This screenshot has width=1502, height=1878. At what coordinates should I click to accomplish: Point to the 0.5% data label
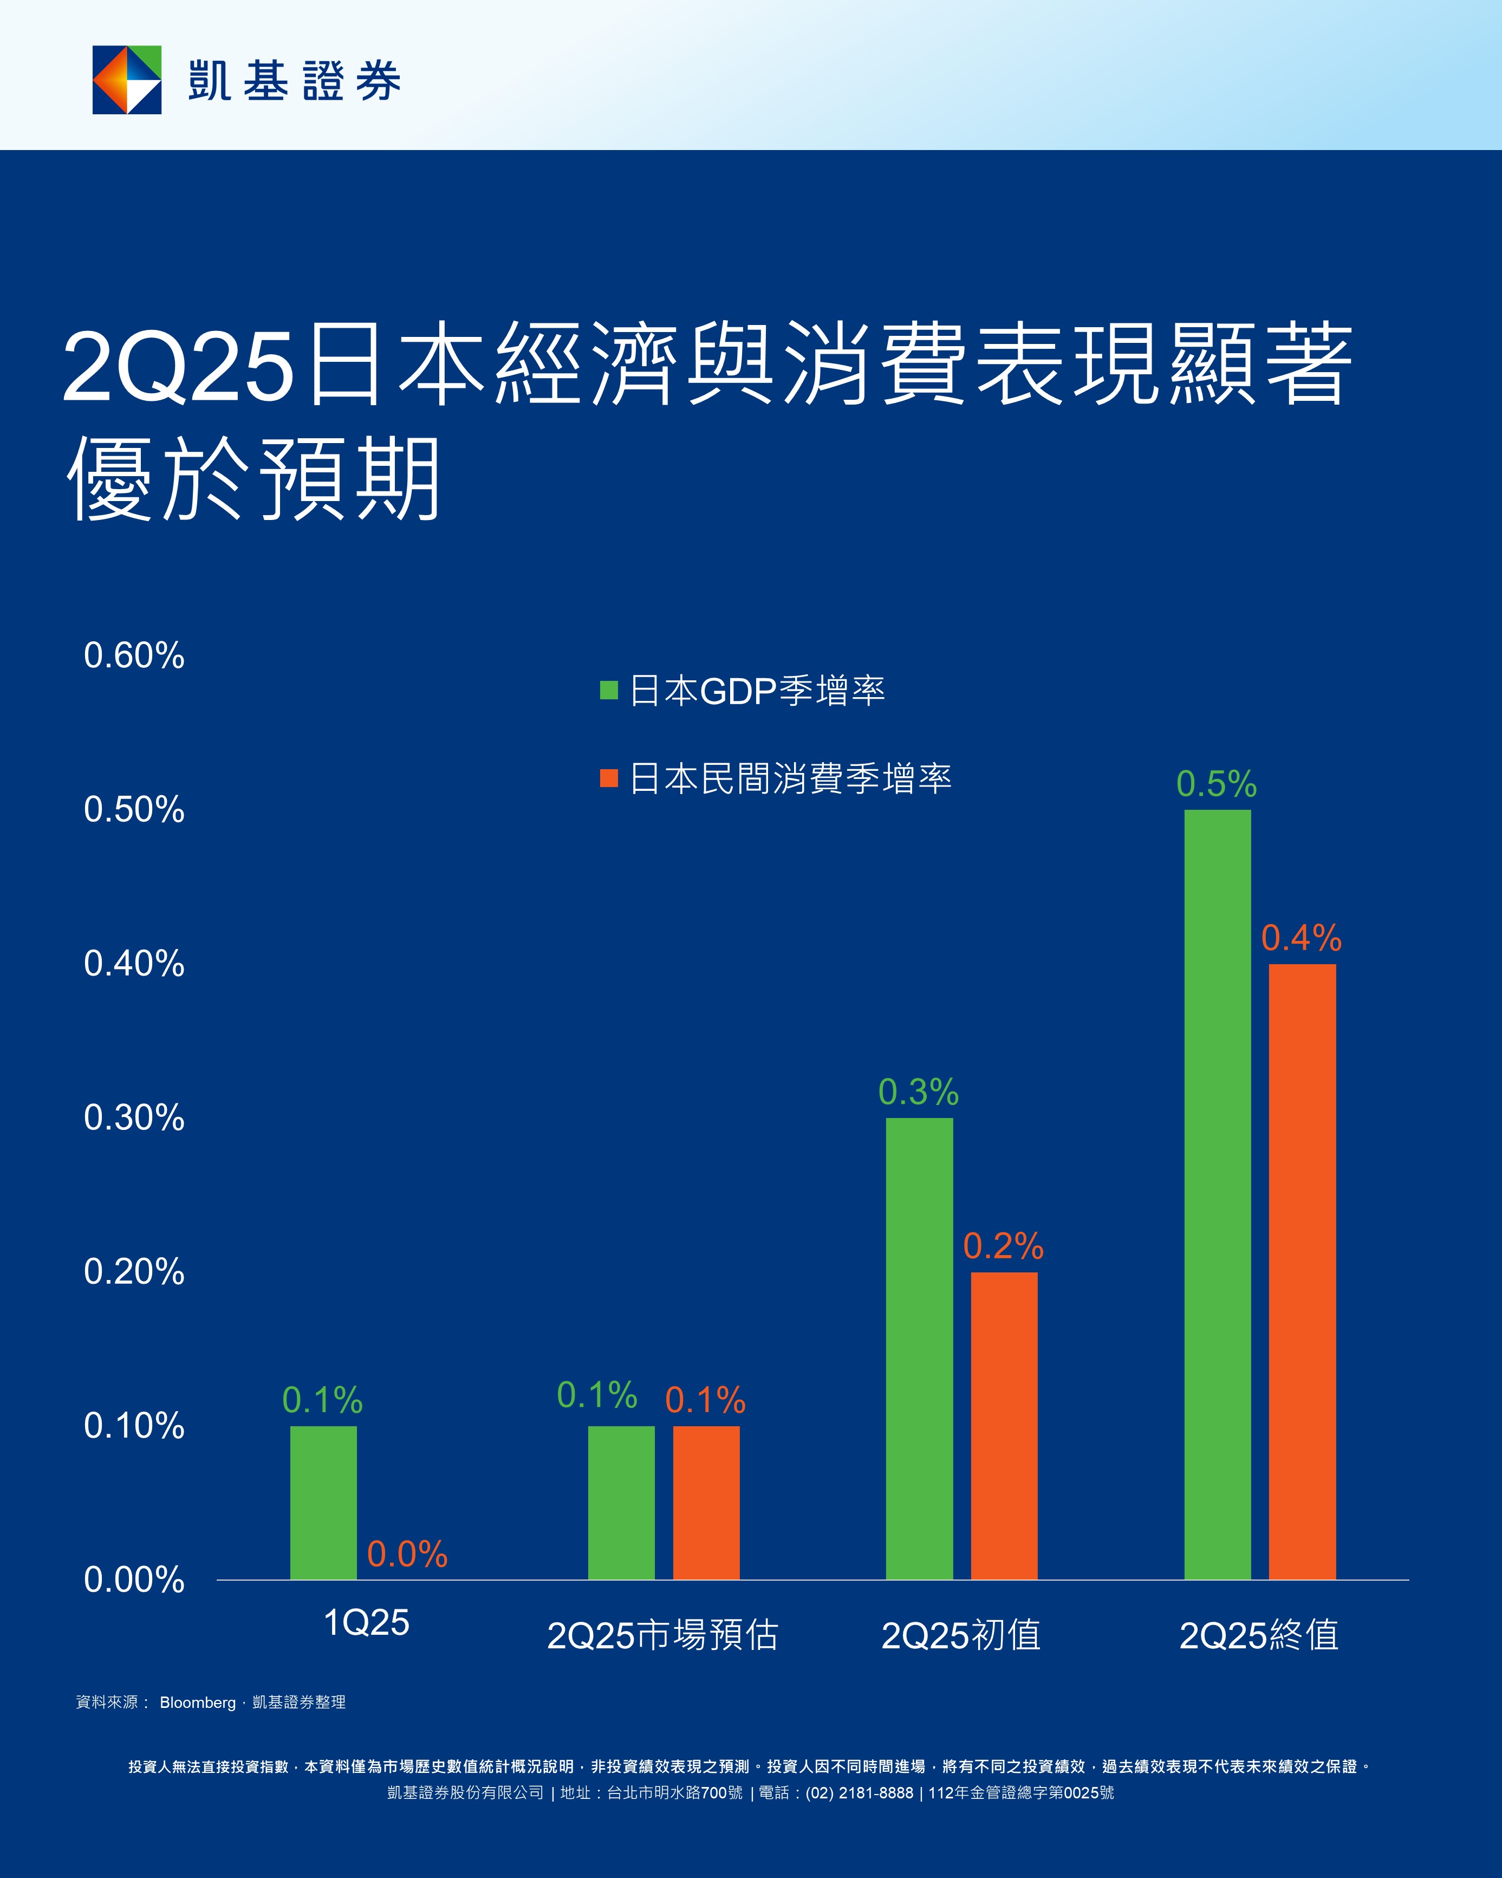[1216, 784]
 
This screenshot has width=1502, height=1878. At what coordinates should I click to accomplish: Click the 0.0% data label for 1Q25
[407, 1554]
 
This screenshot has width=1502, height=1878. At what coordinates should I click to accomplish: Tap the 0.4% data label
[1301, 938]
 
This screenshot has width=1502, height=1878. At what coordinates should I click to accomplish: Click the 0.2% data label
[1003, 1246]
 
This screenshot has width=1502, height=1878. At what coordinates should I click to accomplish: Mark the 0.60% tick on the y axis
[134, 656]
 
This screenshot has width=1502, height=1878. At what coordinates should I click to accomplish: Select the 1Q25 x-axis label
[366, 1623]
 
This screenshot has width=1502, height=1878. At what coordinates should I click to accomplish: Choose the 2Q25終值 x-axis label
[1258, 1635]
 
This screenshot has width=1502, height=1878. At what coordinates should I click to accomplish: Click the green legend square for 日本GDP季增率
[609, 691]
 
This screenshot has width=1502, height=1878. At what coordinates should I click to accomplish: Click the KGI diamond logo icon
[127, 80]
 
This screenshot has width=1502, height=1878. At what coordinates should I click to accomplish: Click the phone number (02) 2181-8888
[859, 1792]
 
